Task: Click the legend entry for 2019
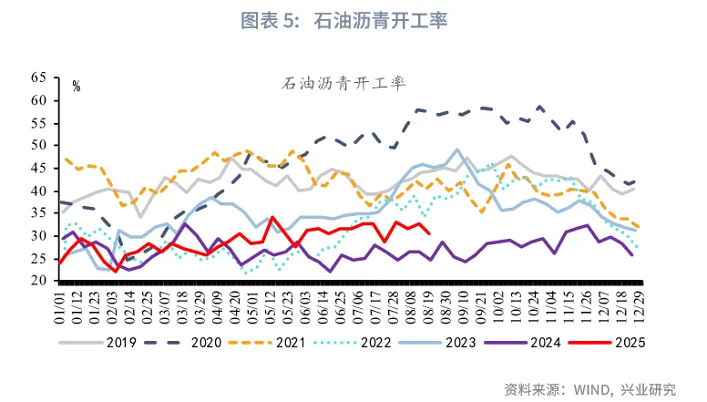(x=100, y=344)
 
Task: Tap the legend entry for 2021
(x=273, y=344)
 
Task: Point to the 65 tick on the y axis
(x=38, y=77)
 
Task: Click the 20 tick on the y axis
(x=38, y=282)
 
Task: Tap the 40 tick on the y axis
(x=38, y=191)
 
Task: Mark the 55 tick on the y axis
(x=38, y=123)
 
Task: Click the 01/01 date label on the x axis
(x=61, y=307)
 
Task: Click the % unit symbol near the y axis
(x=77, y=88)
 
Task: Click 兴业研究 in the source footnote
(x=649, y=389)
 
